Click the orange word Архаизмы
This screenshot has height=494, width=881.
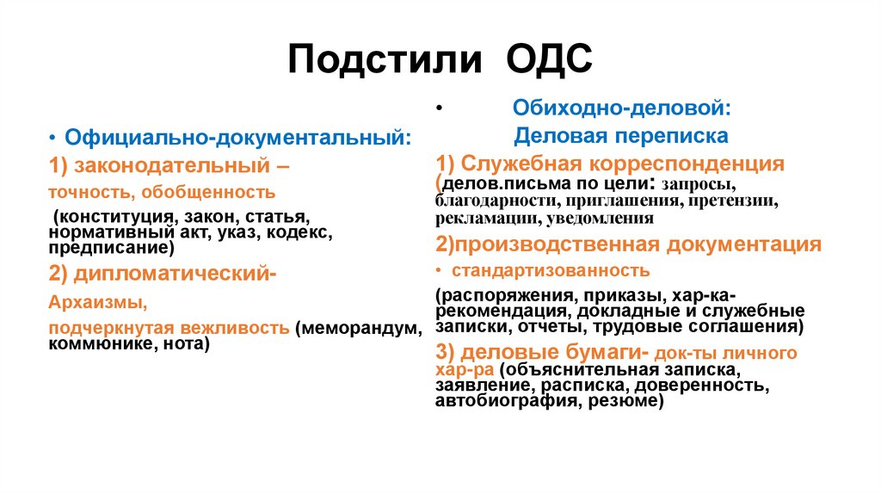pyautogui.click(x=91, y=302)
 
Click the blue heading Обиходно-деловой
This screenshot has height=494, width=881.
pyautogui.click(x=623, y=108)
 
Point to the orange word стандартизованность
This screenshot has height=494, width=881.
pyautogui.click(x=551, y=271)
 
